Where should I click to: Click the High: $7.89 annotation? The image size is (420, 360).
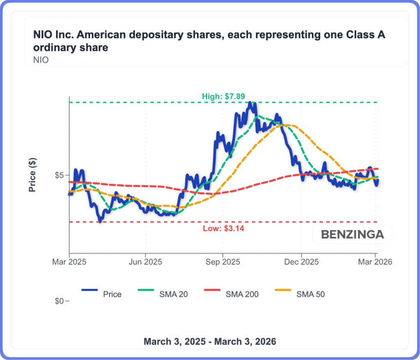coord(224,96)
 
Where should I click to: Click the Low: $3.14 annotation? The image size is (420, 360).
coord(224,228)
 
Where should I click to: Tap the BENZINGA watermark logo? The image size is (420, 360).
coord(352,234)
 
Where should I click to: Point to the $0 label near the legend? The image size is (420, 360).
coord(60,301)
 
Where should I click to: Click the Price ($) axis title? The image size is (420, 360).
coord(32,175)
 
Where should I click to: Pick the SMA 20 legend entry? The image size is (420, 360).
coord(172,294)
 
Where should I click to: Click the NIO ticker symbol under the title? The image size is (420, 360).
coord(41,60)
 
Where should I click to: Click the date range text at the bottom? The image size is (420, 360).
coord(210,341)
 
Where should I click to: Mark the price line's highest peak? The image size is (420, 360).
coord(250,103)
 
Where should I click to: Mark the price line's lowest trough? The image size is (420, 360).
coord(100,221)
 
